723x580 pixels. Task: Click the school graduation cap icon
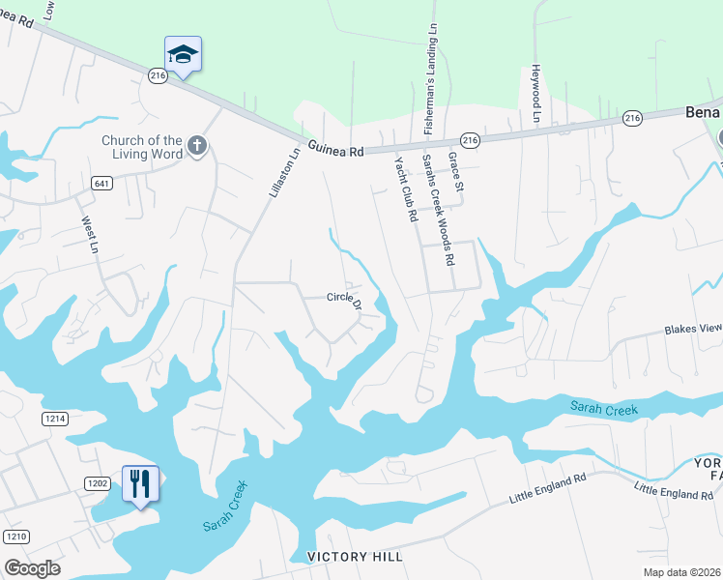click(x=183, y=55)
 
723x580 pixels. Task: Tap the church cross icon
click(x=195, y=146)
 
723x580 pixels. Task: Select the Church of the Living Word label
click(x=142, y=146)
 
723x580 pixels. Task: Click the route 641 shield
click(x=101, y=183)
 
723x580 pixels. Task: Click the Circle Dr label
click(x=344, y=301)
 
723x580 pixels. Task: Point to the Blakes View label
click(x=692, y=330)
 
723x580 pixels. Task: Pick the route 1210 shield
click(x=14, y=536)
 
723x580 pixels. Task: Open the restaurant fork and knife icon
click(x=140, y=482)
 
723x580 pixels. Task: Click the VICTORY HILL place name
click(x=354, y=557)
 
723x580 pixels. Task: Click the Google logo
click(x=32, y=568)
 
